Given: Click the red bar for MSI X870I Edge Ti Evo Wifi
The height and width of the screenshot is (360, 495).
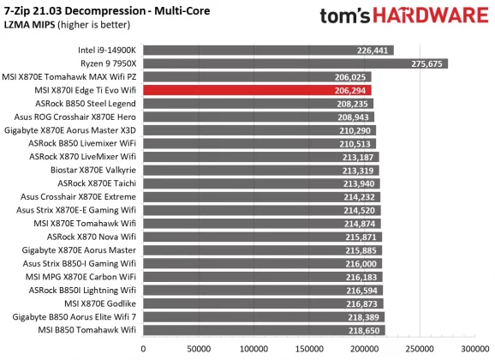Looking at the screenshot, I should (257, 89).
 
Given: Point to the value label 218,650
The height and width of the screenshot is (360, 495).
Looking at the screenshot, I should (366, 330).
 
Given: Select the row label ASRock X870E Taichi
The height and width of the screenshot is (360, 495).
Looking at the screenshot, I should (97, 183).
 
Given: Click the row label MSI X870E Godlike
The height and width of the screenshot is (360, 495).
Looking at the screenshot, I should (100, 303).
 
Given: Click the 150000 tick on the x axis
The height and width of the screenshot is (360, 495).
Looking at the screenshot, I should (309, 349).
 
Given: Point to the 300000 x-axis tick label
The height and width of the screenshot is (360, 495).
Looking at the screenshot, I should (475, 349).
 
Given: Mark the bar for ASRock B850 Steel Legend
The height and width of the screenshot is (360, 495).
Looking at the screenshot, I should (258, 103).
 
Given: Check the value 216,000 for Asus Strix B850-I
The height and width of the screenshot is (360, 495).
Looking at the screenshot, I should (364, 264).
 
